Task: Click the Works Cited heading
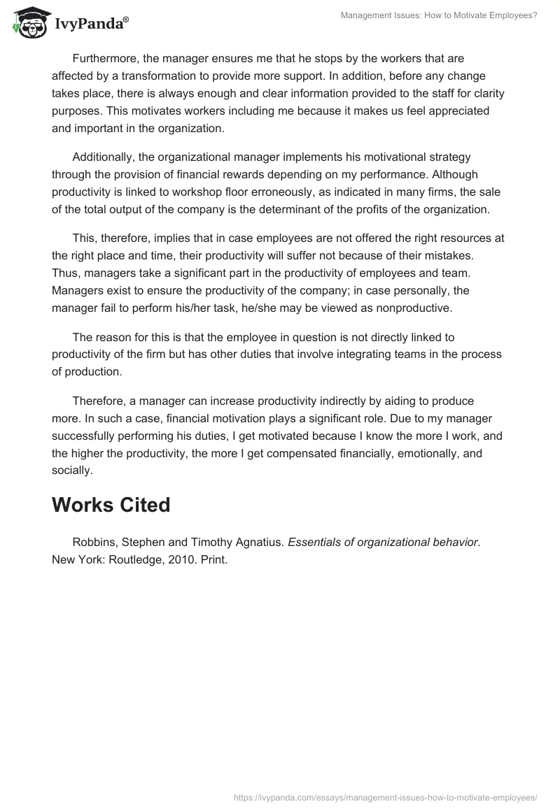point(111,505)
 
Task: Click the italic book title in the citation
point(384,543)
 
